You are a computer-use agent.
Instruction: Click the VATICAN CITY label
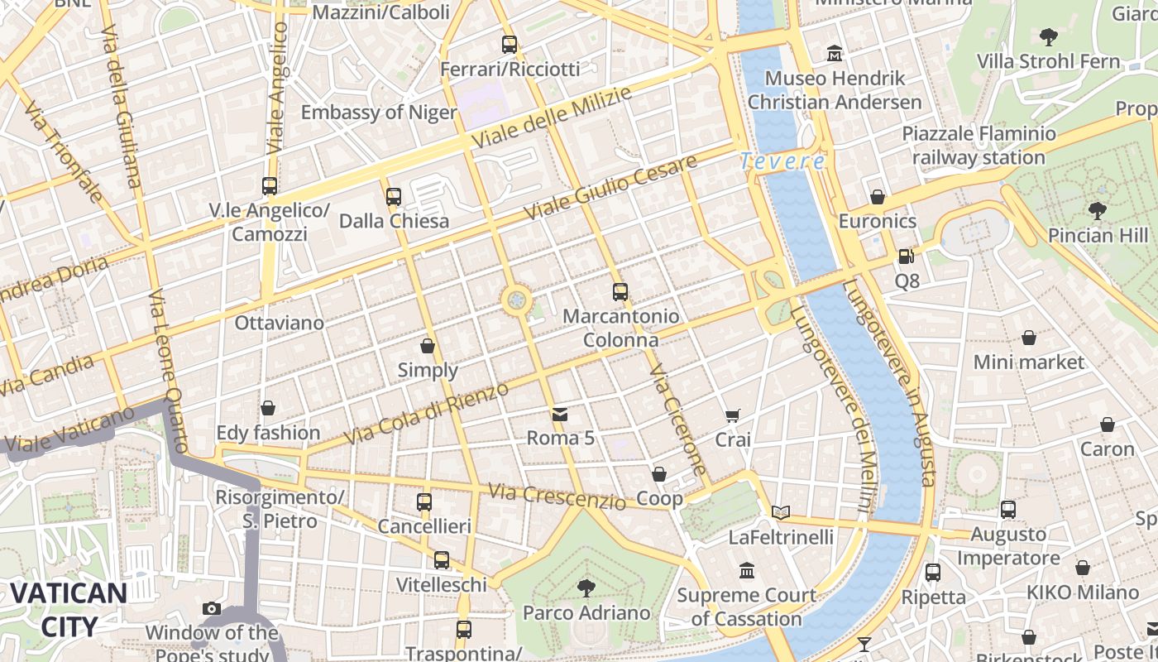69,608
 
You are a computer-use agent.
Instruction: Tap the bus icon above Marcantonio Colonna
620,291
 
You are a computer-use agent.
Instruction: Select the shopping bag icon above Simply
428,345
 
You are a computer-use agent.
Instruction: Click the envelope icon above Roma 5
560,414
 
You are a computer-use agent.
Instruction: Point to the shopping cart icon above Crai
732,415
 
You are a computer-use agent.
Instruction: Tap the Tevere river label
782,161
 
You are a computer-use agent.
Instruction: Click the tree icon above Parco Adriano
586,588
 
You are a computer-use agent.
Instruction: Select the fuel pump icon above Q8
907,257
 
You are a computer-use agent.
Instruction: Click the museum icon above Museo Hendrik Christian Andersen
834,55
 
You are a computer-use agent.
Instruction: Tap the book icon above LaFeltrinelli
780,512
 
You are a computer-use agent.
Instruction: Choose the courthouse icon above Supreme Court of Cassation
747,571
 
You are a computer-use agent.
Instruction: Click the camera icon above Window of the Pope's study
212,609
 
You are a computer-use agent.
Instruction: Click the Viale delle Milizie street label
552,118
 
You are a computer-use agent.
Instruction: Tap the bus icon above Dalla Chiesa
394,197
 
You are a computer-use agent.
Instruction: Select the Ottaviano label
280,323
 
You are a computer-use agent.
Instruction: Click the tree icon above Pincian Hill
1097,210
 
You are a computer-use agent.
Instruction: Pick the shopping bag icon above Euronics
878,197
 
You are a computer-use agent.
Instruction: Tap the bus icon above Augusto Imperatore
1007,510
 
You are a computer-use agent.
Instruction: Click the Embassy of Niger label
379,113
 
